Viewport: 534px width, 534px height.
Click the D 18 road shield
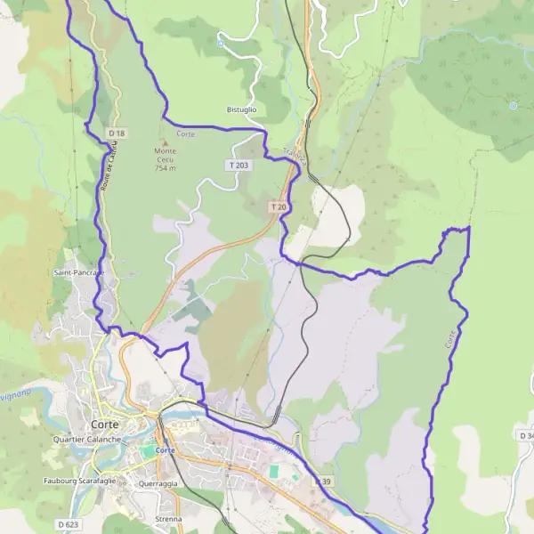117,133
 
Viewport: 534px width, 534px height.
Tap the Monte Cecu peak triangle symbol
164,142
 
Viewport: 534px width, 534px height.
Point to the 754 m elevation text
165,167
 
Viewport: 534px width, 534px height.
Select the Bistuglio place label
241,109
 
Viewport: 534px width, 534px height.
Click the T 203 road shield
239,166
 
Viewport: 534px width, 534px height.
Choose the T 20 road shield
279,207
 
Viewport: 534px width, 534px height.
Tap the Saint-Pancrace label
78,272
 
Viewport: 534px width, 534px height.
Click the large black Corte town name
107,425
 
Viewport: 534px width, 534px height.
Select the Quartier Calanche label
87,440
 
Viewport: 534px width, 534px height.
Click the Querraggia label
158,484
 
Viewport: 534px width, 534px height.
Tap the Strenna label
167,519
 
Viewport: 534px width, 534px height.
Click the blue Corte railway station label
165,450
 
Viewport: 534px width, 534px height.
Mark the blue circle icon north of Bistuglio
220,43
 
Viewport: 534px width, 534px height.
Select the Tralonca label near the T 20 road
296,158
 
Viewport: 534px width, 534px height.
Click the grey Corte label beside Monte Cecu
186,133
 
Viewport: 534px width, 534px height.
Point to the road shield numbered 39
327,481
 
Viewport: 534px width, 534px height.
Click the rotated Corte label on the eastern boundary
451,339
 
